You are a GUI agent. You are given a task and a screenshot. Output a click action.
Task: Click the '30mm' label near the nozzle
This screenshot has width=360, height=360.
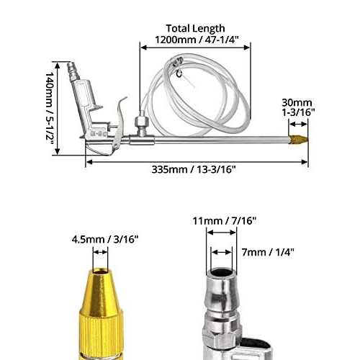296,104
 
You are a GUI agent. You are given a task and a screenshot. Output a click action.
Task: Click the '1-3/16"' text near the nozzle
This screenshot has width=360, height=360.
297,114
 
